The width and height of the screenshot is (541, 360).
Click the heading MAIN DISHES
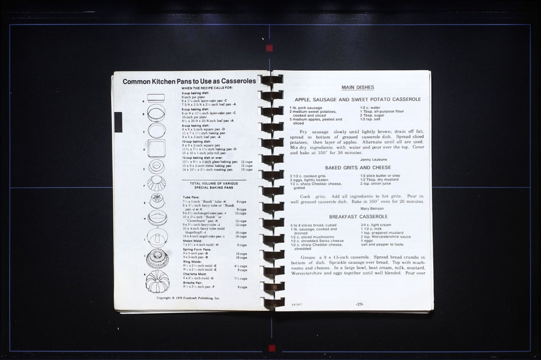click(358, 88)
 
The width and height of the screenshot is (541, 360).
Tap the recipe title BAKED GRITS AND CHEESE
click(358, 167)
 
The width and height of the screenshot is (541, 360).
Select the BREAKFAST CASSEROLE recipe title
click(358, 216)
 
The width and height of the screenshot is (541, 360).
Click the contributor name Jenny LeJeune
click(373, 159)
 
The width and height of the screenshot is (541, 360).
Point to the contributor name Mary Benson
click(372, 208)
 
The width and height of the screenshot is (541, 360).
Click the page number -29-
click(359, 304)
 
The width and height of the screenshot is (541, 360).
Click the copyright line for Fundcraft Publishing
click(188, 298)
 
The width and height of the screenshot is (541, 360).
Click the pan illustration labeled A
click(156, 98)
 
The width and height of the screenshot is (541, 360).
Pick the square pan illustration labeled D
click(156, 148)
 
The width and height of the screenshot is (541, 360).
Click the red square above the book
click(269, 48)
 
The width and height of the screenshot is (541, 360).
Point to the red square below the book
click(272, 348)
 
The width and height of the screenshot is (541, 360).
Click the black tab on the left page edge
click(118, 121)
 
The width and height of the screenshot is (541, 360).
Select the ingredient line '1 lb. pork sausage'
click(306, 108)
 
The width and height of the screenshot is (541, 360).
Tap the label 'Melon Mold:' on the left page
click(192, 241)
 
